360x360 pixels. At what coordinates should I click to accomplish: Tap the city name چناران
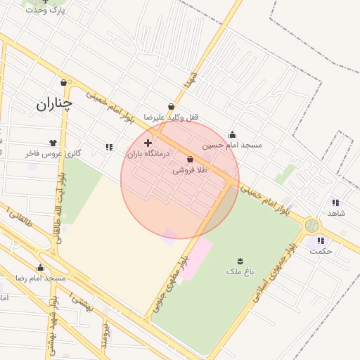click(54, 105)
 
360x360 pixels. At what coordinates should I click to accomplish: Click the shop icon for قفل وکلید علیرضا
click(171, 107)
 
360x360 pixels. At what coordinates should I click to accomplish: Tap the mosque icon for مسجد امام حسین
click(233, 135)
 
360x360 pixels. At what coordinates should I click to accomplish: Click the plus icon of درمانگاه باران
click(148, 143)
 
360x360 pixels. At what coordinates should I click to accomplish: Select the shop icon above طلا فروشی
click(191, 160)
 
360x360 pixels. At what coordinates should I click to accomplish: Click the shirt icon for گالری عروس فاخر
click(53, 143)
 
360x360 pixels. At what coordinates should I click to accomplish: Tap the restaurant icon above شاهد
click(335, 202)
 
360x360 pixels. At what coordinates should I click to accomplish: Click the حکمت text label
click(321, 251)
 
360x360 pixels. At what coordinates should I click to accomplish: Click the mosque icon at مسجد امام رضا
click(40, 267)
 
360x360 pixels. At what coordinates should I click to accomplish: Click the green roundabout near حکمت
click(311, 226)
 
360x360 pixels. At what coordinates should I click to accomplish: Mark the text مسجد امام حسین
click(232, 145)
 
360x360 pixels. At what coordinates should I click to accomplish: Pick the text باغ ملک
click(233, 271)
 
